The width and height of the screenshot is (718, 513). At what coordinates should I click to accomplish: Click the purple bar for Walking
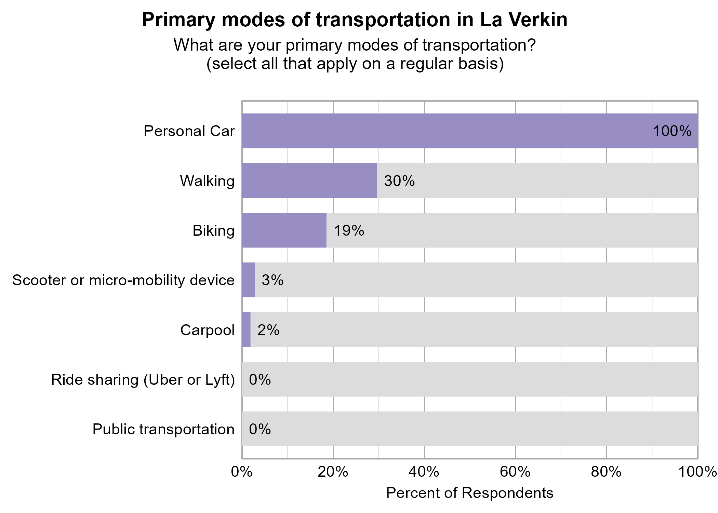tap(309, 180)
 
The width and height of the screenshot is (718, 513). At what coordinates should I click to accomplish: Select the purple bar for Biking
tap(284, 230)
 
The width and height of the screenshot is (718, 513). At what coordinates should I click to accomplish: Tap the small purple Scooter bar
tap(248, 280)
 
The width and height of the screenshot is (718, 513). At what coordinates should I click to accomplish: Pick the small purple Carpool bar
tap(246, 330)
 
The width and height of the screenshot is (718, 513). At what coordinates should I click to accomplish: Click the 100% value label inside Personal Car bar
tap(672, 131)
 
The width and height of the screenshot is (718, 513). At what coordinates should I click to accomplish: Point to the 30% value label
tap(399, 181)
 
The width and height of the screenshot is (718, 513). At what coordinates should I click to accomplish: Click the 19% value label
tap(349, 231)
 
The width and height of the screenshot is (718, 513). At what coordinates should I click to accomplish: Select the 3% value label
tap(272, 280)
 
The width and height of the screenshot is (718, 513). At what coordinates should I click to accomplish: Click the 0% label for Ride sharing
tap(260, 380)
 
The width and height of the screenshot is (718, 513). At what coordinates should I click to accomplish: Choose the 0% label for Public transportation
tap(260, 430)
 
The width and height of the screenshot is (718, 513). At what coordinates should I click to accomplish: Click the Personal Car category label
tap(189, 131)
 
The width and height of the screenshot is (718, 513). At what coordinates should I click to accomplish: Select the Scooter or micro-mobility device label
tap(123, 280)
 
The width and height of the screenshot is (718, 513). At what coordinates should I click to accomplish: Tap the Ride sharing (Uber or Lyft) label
tap(143, 380)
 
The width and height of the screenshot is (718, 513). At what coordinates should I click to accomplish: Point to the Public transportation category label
tap(163, 430)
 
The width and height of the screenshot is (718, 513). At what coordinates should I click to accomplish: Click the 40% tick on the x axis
tap(424, 472)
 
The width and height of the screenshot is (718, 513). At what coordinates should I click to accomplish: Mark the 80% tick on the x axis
tap(606, 472)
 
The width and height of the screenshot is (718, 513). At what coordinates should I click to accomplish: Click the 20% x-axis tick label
tap(333, 472)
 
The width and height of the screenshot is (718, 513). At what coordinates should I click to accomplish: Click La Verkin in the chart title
tap(523, 20)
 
